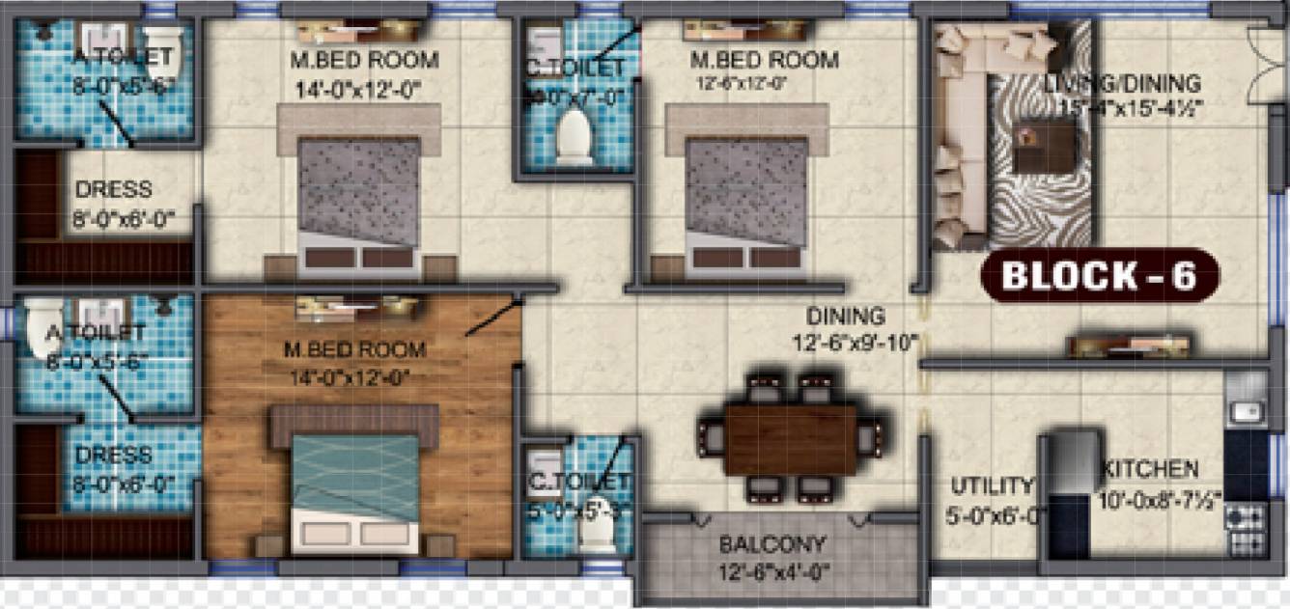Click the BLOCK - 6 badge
[1099, 276]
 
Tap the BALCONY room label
[771, 544]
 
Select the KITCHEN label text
[1151, 470]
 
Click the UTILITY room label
[992, 485]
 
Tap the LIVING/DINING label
[1122, 84]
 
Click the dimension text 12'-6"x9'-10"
[855, 343]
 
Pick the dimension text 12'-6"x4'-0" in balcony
[771, 570]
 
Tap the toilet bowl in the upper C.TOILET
[575, 137]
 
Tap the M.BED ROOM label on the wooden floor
[354, 349]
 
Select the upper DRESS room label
[113, 190]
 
